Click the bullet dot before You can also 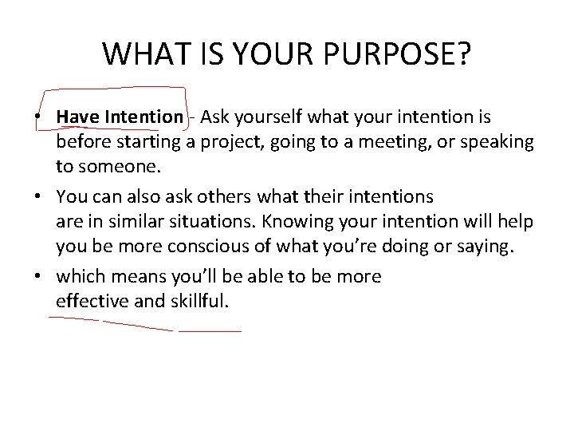pos(37,196)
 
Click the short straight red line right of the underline pos(210,330)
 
